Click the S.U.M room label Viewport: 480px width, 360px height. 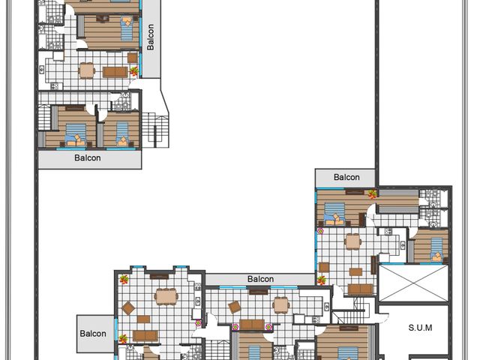(420, 328)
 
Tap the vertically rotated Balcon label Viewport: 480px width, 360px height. (150, 37)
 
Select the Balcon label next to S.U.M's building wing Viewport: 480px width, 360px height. (346, 177)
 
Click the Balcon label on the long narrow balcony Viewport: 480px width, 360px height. (260, 279)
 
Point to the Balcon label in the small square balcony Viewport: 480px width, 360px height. (93, 333)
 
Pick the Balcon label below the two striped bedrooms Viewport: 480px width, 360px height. (88, 158)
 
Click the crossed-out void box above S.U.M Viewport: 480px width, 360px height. (413, 283)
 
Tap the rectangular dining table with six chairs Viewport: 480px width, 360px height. (166, 296)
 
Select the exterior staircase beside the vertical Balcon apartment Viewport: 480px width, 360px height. (155, 130)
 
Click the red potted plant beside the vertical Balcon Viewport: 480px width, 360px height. (134, 71)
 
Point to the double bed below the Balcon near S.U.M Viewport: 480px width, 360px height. (334, 214)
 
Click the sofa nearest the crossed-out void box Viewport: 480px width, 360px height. (360, 289)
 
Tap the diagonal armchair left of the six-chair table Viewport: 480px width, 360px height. (128, 308)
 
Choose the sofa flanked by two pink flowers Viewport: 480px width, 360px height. (252, 325)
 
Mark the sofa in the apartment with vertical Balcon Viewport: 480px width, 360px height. (115, 72)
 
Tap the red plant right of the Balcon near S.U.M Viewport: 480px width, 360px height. (372, 194)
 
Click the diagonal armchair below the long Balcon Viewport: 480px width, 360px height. (235, 307)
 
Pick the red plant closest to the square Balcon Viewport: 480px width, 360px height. (123, 339)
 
